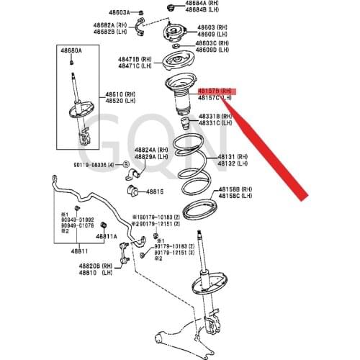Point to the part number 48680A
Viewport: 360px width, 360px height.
tap(71, 50)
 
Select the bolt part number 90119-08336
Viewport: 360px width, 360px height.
tap(93, 165)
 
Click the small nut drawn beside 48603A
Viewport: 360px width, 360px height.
tap(140, 13)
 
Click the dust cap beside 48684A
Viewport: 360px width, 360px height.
tap(171, 7)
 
